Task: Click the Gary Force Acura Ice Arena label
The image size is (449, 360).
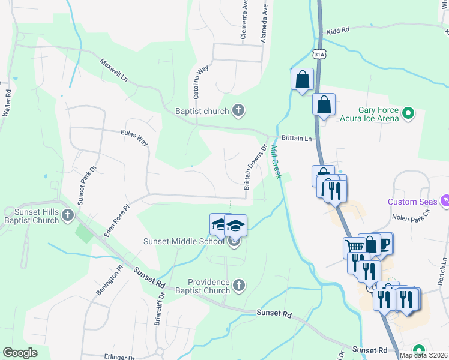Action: (x=378, y=114)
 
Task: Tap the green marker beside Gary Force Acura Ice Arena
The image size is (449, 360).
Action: (x=408, y=112)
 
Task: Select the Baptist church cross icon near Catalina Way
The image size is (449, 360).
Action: (x=238, y=110)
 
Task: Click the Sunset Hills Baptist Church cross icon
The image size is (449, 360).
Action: (x=68, y=215)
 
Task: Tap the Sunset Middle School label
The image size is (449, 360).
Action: (x=183, y=242)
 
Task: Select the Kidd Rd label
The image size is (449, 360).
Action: (x=338, y=31)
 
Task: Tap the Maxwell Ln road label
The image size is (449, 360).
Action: (x=114, y=70)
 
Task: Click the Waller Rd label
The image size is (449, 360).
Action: (x=7, y=103)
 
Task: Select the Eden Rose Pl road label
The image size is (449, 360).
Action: (x=117, y=220)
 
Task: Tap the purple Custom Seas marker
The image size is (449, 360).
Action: (x=445, y=200)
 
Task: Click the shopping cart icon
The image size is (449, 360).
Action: (x=354, y=247)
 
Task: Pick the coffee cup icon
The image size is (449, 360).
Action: (x=383, y=242)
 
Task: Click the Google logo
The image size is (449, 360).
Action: (x=20, y=353)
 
